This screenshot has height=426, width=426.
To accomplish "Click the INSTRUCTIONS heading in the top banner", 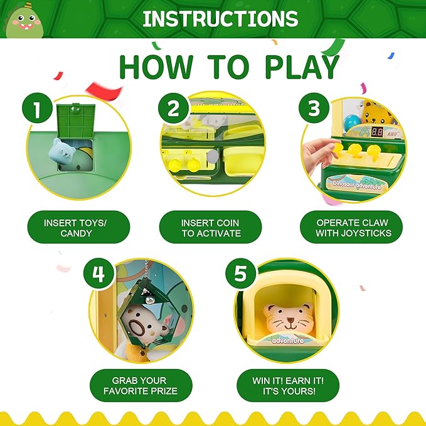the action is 220,19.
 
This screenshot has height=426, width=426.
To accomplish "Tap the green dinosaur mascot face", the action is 24,23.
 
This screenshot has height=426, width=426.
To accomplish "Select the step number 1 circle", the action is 37,108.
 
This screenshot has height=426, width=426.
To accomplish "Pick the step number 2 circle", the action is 174,109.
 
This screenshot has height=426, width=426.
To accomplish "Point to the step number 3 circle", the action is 314,108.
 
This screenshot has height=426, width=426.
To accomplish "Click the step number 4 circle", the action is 99,274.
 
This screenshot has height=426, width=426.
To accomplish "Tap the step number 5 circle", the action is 241,273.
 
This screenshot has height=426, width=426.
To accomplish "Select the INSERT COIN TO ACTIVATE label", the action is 211,227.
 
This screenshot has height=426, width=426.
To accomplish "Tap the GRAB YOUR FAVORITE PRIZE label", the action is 141,385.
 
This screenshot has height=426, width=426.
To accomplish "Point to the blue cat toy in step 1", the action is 61,152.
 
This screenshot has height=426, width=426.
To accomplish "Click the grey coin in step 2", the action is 213,156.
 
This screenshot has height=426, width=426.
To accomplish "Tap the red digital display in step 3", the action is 377,132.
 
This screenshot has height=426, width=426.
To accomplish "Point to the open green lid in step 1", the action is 76,121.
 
